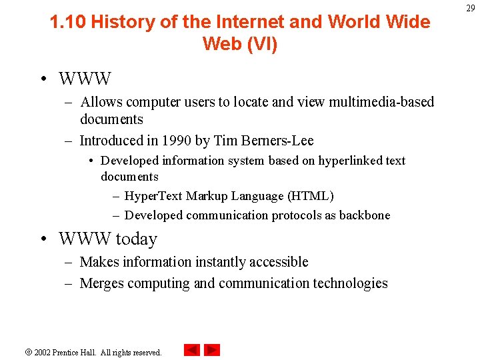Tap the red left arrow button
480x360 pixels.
pyautogui.click(x=192, y=350)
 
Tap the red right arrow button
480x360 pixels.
pyautogui.click(x=212, y=350)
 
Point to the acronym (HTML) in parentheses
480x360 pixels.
pyautogui.click(x=311, y=196)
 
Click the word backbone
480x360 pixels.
pyautogui.click(x=365, y=215)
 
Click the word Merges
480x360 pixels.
pyautogui.click(x=101, y=283)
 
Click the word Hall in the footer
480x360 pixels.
pyautogui.click(x=88, y=352)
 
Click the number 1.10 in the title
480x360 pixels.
pyautogui.click(x=68, y=21)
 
